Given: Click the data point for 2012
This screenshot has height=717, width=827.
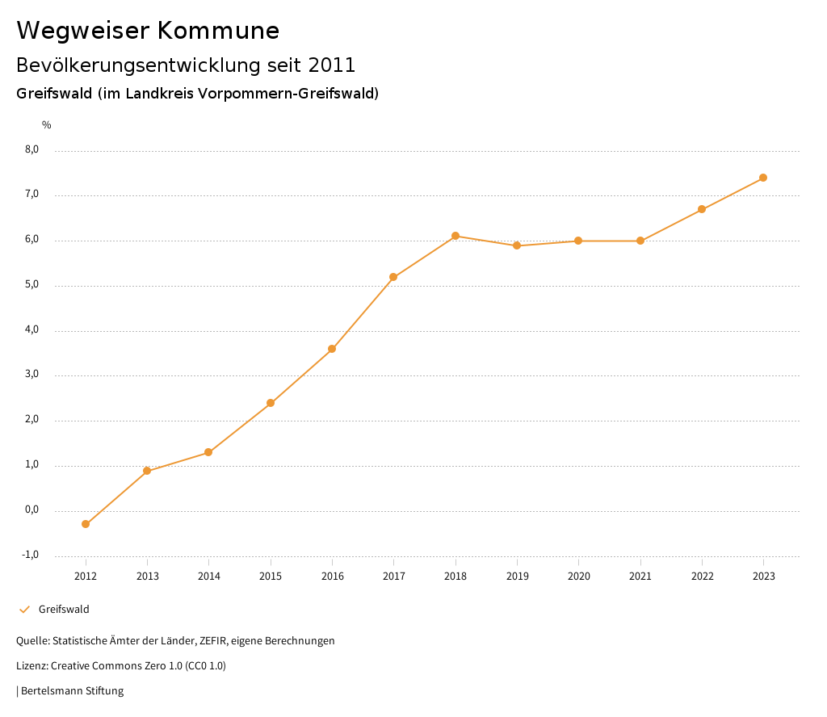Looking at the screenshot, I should tap(86, 524).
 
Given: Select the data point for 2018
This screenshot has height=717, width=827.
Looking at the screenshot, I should tap(455, 236).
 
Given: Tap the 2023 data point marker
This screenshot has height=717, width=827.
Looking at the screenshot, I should tap(763, 178).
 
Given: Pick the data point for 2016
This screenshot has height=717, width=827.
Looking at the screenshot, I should tap(332, 349).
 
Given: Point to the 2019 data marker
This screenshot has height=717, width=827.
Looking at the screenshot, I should tap(517, 245).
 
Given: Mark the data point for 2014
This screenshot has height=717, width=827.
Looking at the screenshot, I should tap(208, 452).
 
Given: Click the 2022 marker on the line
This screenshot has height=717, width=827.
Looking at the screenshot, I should tap(702, 209).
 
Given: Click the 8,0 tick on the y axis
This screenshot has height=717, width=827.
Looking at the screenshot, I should tap(32, 149).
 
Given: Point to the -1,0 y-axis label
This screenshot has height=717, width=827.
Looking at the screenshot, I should tap(31, 555).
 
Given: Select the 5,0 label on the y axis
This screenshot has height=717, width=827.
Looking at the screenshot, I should tap(32, 285).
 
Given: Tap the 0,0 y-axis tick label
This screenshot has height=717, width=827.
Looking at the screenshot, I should tap(32, 509).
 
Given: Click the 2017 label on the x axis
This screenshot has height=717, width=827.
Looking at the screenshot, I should tap(393, 576).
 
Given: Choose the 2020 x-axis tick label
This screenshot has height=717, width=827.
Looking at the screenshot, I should tap(578, 576).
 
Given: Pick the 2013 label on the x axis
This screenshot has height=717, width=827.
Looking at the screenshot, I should tap(147, 576).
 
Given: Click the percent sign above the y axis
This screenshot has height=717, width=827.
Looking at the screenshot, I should tap(47, 124).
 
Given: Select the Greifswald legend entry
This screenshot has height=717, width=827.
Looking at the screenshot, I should tap(63, 609).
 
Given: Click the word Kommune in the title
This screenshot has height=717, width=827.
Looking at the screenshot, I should tap(218, 31).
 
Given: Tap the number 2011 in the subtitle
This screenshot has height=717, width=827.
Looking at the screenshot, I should tap(332, 65).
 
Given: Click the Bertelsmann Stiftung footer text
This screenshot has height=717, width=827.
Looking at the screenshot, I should tap(72, 690).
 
